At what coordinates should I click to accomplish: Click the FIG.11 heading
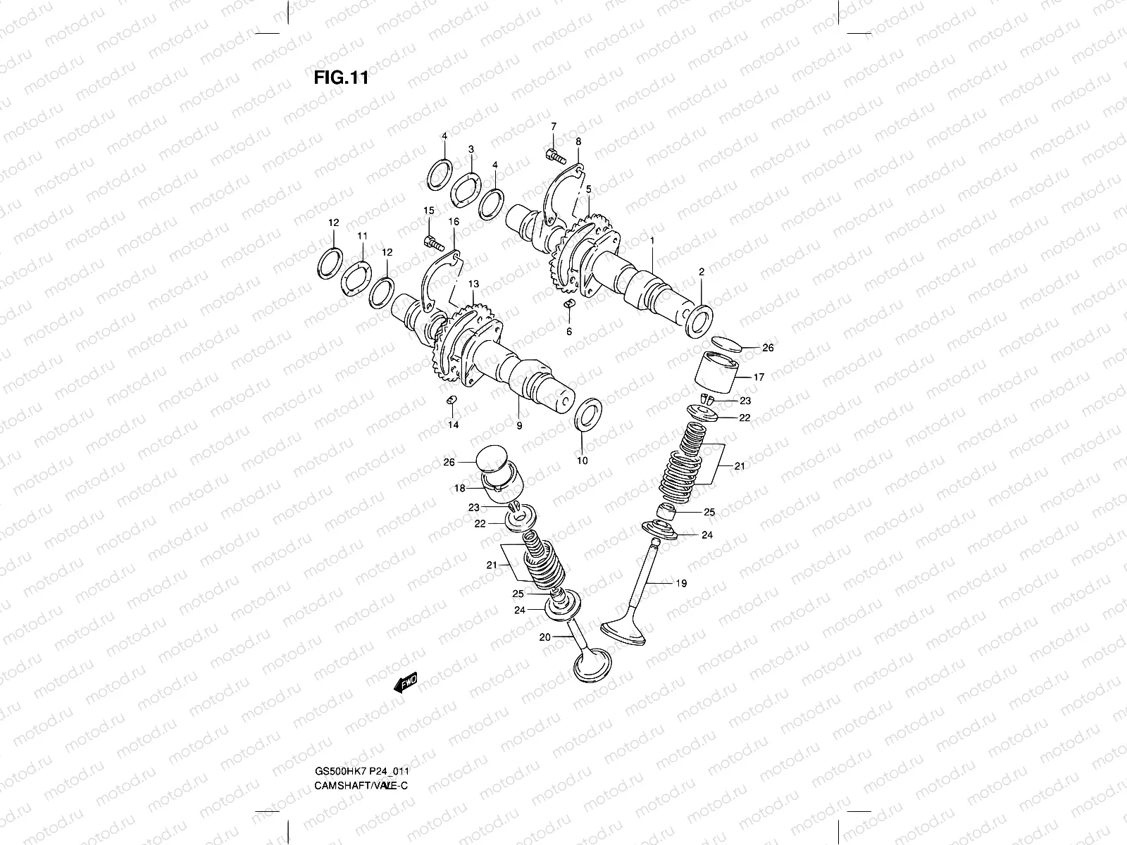click(x=341, y=77)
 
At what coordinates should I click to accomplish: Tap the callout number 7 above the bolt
click(x=554, y=126)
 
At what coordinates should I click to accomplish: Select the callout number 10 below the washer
click(x=582, y=461)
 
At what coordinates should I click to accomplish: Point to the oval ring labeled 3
click(x=466, y=190)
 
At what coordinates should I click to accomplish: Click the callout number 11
click(x=362, y=235)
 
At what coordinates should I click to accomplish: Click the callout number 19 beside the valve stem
click(x=680, y=583)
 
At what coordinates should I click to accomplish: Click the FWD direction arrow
click(x=406, y=683)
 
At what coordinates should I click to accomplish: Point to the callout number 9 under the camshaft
click(x=519, y=426)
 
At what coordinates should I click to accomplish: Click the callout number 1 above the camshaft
click(x=653, y=240)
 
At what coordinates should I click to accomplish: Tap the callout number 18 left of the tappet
click(x=459, y=487)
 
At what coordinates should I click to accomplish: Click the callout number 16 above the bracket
click(x=453, y=221)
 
